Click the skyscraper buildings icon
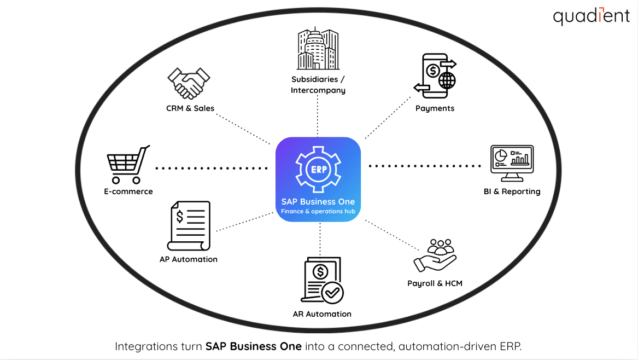[x=318, y=50]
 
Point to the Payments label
[x=435, y=108]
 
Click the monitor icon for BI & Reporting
[x=512, y=164]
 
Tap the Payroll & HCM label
[x=435, y=283]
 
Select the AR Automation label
[x=322, y=314]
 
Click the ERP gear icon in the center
[x=318, y=169]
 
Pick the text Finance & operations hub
[x=318, y=212]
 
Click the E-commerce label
[x=128, y=191]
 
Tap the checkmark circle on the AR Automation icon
[x=331, y=293]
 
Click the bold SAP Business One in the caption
[x=253, y=346]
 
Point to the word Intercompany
[x=318, y=90]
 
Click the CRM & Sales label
[x=190, y=108]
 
